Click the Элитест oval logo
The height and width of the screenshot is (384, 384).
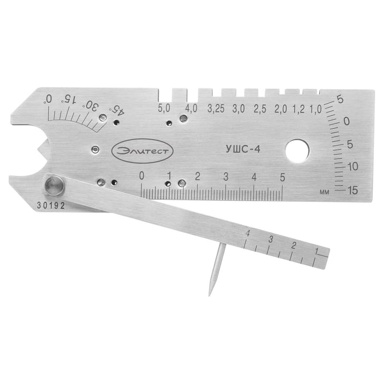142,151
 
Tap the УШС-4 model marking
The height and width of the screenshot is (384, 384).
242,149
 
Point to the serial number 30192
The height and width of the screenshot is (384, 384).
51,205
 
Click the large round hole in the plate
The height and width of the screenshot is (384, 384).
297,151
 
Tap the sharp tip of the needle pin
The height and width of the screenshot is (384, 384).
209,295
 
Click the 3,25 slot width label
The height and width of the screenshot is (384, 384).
216,109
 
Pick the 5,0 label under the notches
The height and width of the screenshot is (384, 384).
164,108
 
